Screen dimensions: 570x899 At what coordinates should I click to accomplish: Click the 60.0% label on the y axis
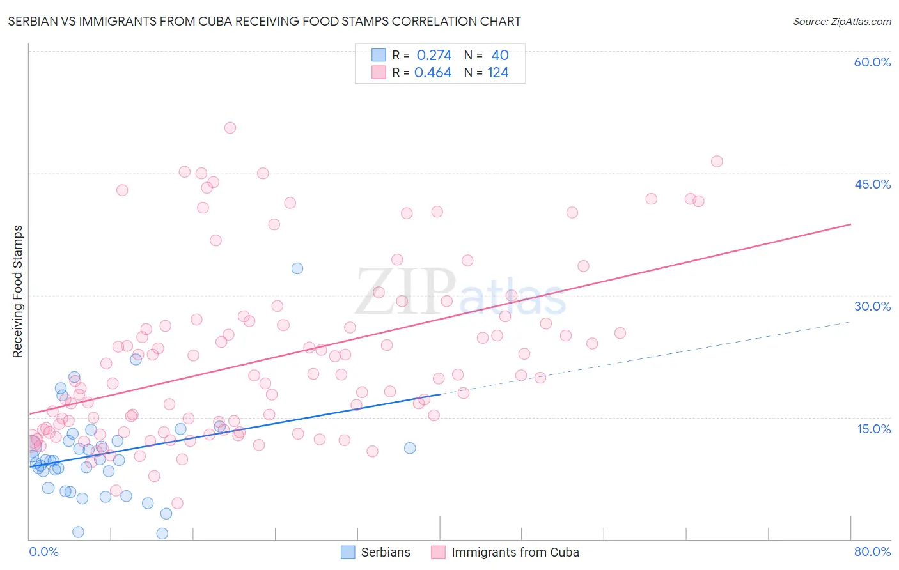click(x=872, y=62)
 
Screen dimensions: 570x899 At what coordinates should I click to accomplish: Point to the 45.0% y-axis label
click(x=872, y=184)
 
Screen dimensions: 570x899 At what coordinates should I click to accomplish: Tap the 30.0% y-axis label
click(x=872, y=306)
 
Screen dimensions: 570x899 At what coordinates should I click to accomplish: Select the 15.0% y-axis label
click(x=873, y=429)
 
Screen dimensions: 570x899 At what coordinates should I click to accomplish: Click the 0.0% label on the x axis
click(x=43, y=551)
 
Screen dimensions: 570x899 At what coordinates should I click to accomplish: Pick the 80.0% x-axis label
click(x=872, y=551)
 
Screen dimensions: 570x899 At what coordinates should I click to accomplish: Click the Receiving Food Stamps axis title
click(x=18, y=291)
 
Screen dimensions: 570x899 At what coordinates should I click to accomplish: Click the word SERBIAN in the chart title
click(x=33, y=21)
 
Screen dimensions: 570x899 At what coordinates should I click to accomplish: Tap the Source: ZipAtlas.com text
click(x=841, y=21)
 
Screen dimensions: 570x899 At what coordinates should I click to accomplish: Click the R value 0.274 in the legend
click(x=434, y=56)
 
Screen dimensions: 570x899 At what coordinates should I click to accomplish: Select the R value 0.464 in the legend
click(x=433, y=73)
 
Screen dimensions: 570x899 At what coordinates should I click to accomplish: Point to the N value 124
click(x=498, y=73)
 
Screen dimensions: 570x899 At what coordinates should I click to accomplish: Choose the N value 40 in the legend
click(x=500, y=56)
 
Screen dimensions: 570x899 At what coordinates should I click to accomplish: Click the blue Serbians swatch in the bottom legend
click(x=348, y=552)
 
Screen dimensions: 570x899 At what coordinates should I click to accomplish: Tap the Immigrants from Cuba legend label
click(x=515, y=552)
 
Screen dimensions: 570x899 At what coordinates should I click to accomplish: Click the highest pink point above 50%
click(x=230, y=128)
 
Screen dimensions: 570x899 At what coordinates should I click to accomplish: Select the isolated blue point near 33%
click(x=297, y=268)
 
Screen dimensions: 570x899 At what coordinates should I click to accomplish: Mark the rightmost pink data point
click(x=717, y=162)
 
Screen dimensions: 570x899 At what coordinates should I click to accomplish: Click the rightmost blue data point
click(x=410, y=448)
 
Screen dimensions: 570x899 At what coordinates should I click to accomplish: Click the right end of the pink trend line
click(x=850, y=224)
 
